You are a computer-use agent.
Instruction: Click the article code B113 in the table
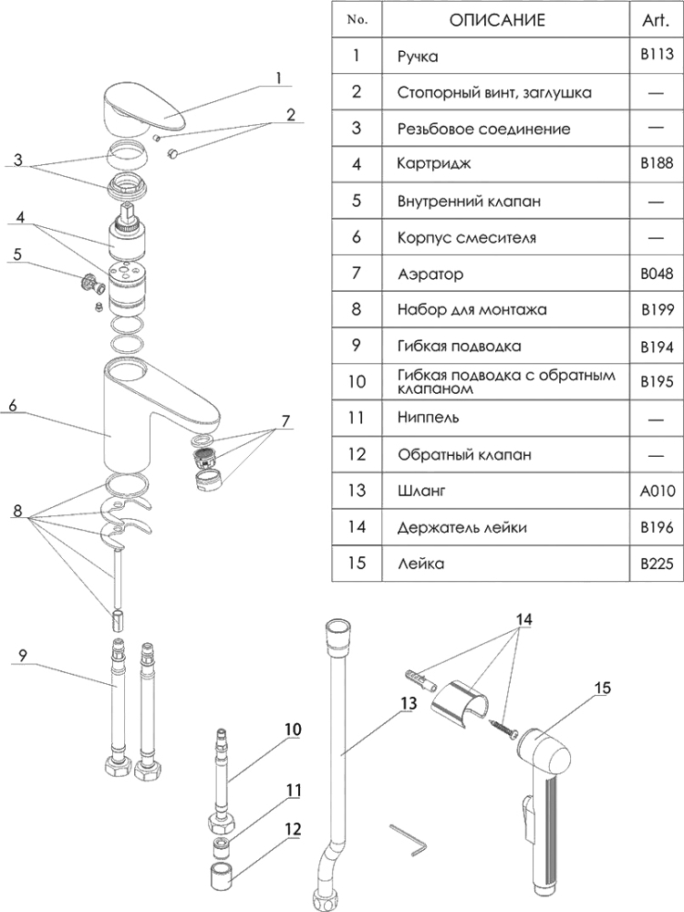click(658, 55)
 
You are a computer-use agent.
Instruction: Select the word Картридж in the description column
click(434, 163)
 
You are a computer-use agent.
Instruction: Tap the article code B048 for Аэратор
click(658, 273)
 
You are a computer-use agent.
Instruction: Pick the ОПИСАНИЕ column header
click(497, 20)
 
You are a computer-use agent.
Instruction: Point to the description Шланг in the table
click(421, 491)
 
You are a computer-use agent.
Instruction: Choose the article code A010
click(658, 491)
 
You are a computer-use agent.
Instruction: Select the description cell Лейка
click(421, 563)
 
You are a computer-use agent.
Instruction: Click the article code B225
click(658, 563)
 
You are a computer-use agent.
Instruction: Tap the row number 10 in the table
click(357, 381)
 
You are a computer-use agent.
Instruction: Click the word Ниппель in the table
click(429, 418)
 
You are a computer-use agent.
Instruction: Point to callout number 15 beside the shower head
click(602, 688)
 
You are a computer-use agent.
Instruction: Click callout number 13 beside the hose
click(409, 703)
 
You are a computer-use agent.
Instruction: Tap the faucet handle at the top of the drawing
click(143, 109)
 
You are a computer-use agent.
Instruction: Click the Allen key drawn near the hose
click(409, 835)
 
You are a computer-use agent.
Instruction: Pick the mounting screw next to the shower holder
click(503, 730)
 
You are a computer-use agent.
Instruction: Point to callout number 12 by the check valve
click(293, 829)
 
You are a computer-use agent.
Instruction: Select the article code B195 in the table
click(658, 381)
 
